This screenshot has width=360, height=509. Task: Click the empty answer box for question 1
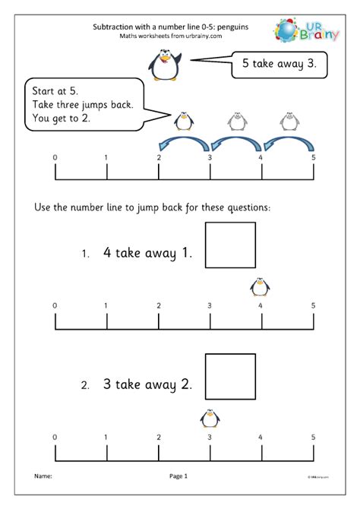click(230, 245)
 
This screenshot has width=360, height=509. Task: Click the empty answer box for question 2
click(230, 376)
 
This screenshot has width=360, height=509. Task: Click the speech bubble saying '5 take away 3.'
click(279, 64)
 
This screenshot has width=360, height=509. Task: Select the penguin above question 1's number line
click(260, 286)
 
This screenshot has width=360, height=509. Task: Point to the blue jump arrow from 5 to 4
click(287, 143)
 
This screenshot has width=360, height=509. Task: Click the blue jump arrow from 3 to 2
click(184, 143)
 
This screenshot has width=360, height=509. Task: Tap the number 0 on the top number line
click(54, 157)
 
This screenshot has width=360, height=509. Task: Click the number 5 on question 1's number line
click(312, 305)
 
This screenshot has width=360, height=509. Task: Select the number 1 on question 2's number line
click(106, 437)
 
